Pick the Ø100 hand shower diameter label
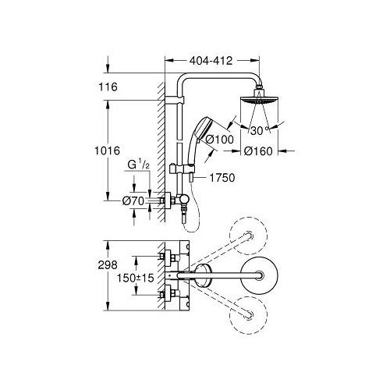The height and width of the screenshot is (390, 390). point(236,140)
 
